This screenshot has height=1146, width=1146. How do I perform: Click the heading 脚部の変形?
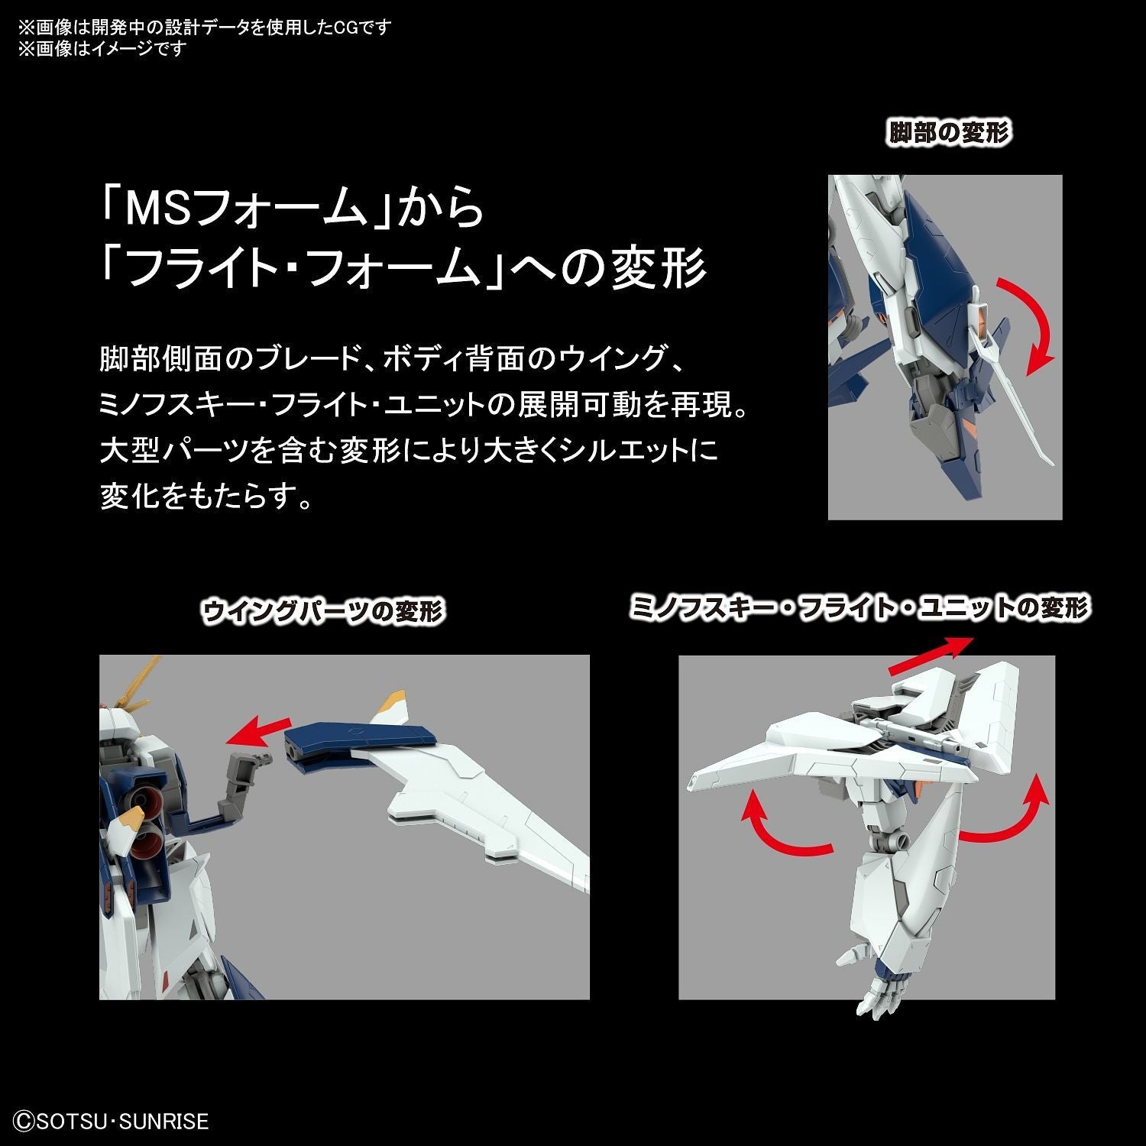pyautogui.click(x=948, y=133)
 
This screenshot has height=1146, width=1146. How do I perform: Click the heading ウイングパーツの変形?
pyautogui.click(x=322, y=612)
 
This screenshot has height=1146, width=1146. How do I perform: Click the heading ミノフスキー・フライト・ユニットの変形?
pyautogui.click(x=860, y=609)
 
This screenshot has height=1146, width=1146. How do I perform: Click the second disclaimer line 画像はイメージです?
pyautogui.click(x=102, y=49)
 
